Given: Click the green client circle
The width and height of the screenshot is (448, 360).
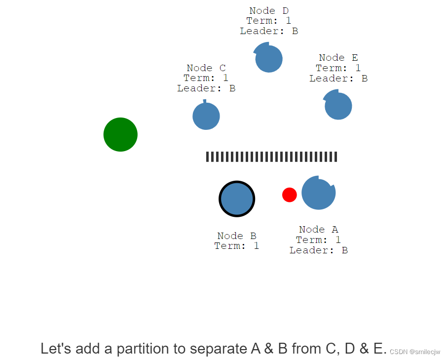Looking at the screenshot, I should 120,134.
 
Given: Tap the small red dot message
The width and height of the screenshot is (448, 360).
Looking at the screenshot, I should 289,195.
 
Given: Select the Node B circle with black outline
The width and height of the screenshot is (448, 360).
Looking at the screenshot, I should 237,199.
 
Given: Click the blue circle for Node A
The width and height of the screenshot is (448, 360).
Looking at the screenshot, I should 318,193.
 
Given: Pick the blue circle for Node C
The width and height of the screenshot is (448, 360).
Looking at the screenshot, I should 206,117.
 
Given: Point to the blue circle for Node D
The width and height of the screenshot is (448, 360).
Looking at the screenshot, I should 269,59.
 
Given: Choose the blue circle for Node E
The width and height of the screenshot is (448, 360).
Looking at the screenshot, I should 338,106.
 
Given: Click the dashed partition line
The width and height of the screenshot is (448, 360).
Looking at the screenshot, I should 271,157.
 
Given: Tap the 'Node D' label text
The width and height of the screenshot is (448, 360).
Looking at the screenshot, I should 269,10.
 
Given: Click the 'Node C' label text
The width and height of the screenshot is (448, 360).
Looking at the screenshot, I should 206,68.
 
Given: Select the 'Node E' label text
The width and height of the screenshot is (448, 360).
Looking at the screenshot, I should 338,58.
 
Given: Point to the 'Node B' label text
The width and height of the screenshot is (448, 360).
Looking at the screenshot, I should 237,236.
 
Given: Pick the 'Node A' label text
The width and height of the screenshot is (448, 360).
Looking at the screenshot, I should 319,230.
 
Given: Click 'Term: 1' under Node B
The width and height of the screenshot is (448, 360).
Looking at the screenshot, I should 237,246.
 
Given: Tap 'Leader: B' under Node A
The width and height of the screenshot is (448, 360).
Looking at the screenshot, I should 319,250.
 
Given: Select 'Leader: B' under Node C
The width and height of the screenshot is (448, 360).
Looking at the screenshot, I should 206,88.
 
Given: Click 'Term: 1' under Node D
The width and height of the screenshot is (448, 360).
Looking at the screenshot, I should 269,21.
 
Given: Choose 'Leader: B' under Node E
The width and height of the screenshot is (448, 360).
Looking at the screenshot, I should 338,79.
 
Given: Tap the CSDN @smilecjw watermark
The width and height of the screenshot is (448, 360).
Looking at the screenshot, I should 414,352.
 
